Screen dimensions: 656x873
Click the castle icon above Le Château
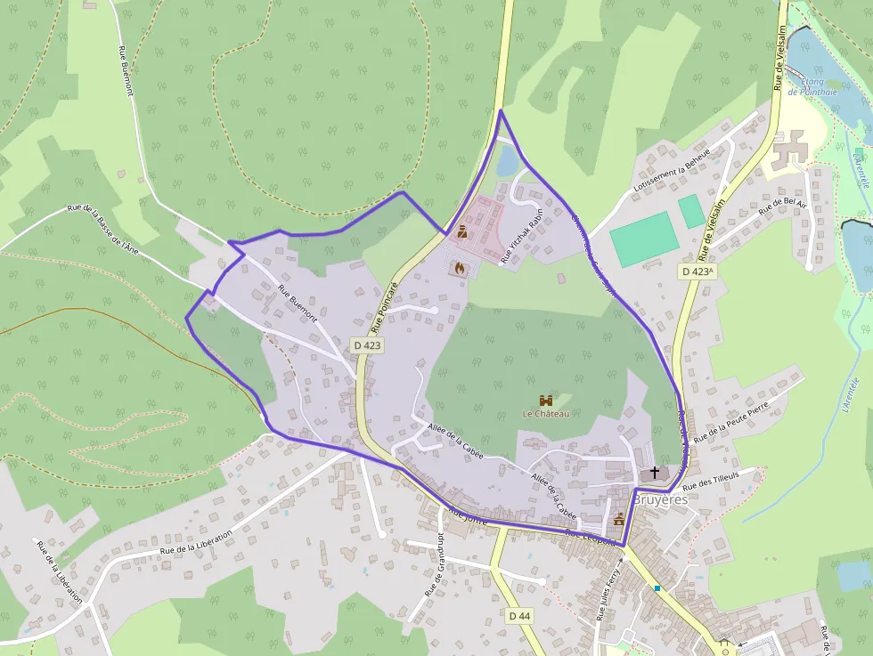(546, 401)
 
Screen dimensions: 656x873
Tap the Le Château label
(545, 414)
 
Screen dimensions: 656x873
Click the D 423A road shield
(698, 271)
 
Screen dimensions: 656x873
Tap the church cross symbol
(656, 472)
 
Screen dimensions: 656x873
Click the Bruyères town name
(660, 500)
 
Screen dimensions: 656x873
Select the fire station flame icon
(460, 266)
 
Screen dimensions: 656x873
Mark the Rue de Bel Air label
(782, 211)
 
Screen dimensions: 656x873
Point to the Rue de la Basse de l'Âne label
(104, 229)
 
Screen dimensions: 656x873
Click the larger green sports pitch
(644, 239)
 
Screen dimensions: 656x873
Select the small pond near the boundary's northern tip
(506, 161)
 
